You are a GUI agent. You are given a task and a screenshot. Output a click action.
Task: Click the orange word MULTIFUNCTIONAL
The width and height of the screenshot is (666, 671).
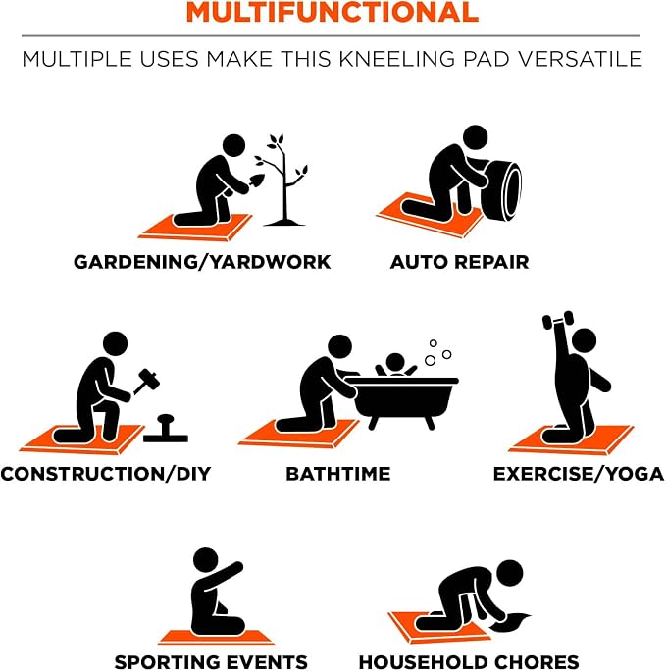tap(333, 12)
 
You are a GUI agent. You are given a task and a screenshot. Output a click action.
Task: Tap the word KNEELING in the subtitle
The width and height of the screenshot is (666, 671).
tap(396, 59)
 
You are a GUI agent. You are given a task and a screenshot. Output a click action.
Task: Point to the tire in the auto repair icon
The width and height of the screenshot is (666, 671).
tap(501, 190)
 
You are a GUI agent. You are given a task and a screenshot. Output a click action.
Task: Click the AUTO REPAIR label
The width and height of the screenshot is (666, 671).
tap(459, 262)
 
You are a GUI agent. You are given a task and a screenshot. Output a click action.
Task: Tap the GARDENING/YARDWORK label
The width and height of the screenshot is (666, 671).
tap(202, 262)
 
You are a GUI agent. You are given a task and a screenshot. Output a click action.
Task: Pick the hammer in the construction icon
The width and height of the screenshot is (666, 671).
tap(147, 381)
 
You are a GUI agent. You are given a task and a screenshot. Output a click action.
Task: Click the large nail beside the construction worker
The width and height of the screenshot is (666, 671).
tap(166, 429)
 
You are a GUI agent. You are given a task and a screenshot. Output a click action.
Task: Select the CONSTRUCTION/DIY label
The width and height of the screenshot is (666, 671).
tap(106, 474)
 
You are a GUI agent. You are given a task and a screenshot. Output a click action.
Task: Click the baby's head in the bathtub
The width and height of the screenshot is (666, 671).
tap(395, 363)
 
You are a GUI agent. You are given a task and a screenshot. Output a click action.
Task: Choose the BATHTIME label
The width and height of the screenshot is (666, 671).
tap(338, 474)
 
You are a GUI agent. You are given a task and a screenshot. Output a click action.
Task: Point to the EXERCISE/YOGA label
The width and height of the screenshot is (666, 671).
tap(579, 474)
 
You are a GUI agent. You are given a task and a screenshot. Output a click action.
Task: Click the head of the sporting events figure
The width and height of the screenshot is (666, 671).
tap(206, 560)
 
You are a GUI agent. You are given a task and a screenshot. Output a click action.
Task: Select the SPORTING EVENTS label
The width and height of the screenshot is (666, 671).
tap(211, 661)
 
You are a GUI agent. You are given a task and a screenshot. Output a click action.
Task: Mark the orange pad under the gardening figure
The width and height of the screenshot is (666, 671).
tap(194, 228)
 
